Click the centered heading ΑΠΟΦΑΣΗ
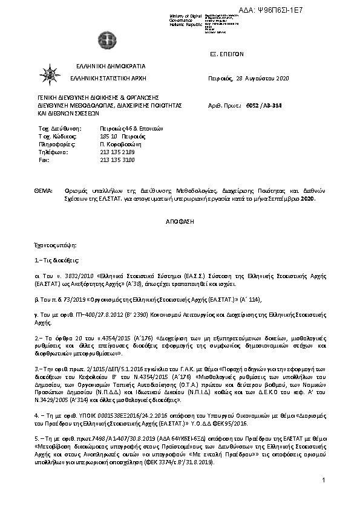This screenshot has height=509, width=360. pyautogui.click(x=180, y=222)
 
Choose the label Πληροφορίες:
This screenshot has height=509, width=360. pyautogui.click(x=56, y=145)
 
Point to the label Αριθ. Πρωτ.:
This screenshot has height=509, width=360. pyautogui.click(x=224, y=105)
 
